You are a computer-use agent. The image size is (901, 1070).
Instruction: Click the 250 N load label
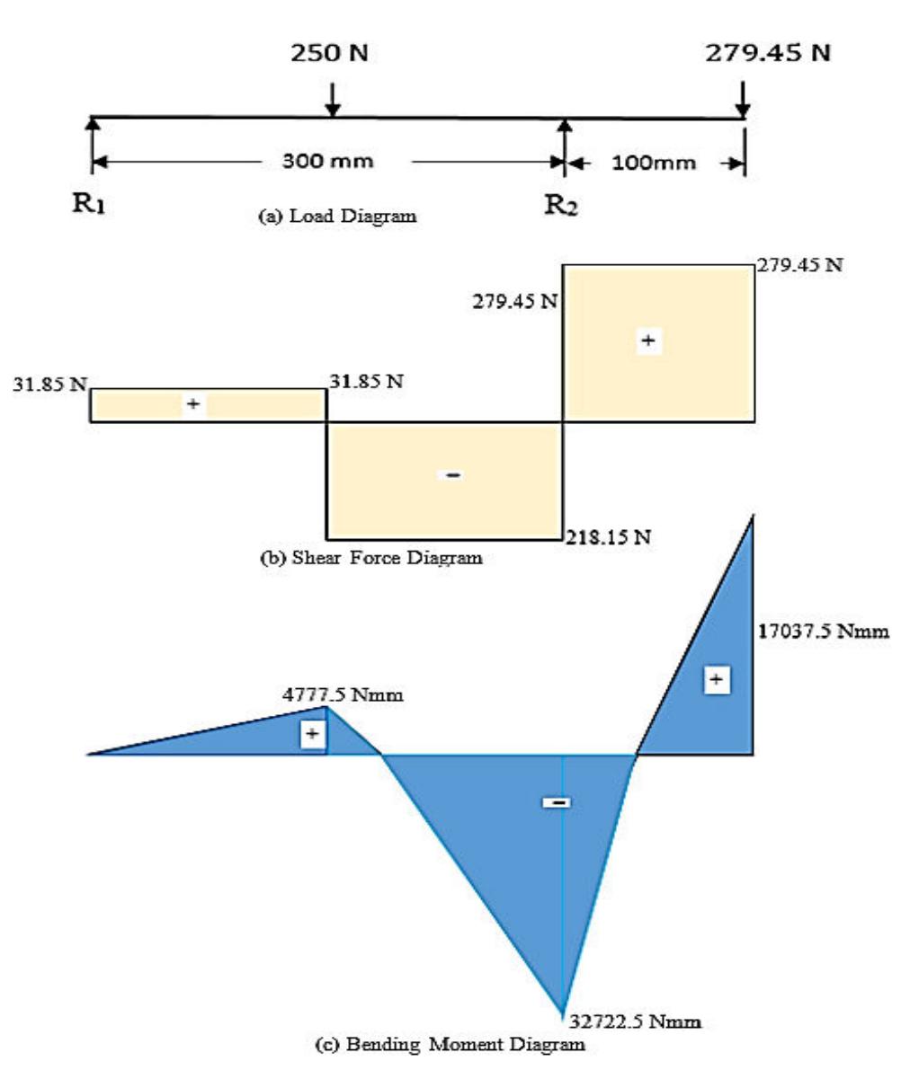[332, 55]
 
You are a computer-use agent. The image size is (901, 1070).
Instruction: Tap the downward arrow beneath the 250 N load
[333, 100]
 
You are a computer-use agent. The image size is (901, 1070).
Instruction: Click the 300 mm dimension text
[327, 162]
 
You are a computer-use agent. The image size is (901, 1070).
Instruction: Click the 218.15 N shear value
[608, 539]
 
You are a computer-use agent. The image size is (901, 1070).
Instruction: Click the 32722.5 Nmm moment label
[635, 1021]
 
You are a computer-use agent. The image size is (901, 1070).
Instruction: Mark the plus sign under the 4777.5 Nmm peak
[312, 735]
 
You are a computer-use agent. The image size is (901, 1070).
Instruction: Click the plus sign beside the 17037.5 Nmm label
[716, 680]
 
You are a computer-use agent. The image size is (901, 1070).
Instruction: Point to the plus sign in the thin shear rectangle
[192, 404]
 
